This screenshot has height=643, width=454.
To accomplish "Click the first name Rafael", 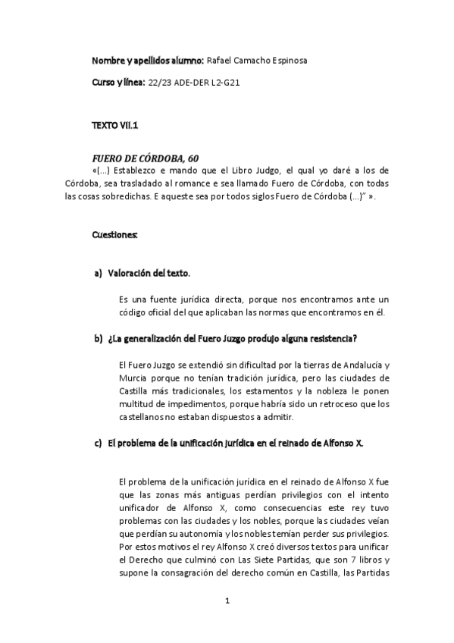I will (220, 59).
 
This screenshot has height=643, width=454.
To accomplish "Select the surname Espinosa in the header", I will (288, 59).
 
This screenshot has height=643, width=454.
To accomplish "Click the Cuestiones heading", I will (114, 234).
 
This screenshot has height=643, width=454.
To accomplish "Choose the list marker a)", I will (98, 273).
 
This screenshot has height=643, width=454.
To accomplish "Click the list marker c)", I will (98, 444).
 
